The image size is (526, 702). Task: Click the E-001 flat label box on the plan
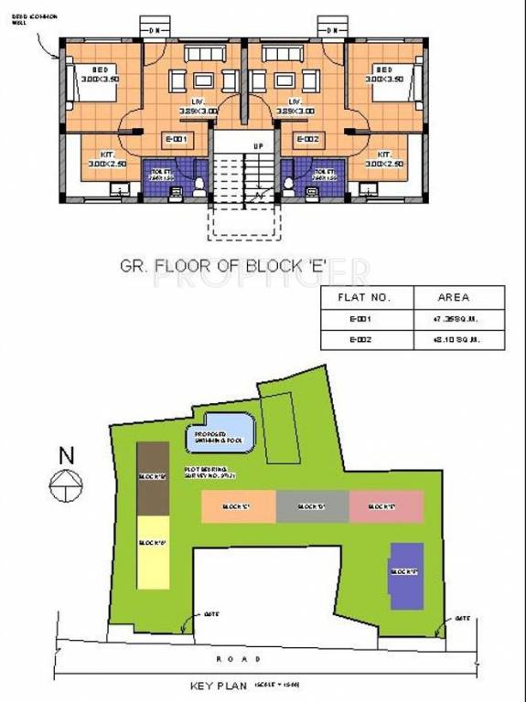point(176,139)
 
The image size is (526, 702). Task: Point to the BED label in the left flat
point(100,70)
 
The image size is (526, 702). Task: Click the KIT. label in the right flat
point(384,154)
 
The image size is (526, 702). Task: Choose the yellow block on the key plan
point(153,551)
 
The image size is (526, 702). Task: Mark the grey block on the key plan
point(312,505)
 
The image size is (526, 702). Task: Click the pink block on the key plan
point(386,505)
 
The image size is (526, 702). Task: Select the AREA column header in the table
point(454,297)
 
